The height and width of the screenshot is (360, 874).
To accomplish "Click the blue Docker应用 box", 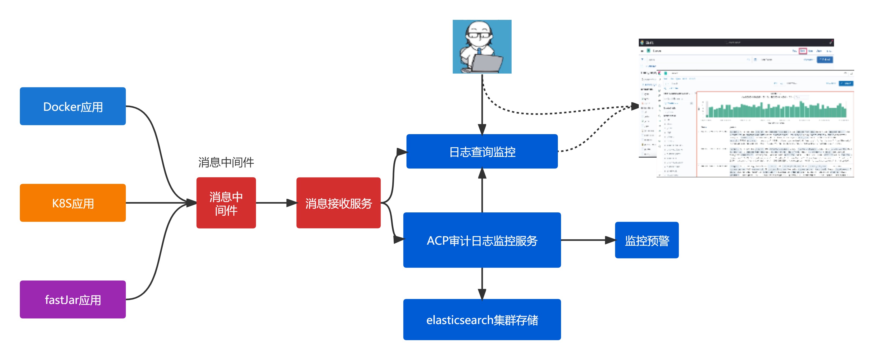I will (72, 106).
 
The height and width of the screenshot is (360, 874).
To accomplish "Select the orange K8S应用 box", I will (72, 203).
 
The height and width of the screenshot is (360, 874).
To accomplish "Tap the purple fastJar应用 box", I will (72, 299).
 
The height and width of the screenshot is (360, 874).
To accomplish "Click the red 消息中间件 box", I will (226, 203).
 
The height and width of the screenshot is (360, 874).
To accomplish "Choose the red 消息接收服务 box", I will (338, 203).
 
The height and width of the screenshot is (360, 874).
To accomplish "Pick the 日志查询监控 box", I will (482, 151).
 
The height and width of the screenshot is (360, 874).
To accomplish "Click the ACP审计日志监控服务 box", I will (482, 240).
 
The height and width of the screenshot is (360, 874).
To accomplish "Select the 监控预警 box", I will (647, 240).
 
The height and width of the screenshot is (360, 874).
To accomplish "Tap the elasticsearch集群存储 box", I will (482, 319).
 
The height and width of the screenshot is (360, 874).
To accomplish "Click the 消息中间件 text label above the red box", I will (226, 162).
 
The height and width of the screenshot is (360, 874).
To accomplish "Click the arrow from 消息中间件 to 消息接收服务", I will (275, 203).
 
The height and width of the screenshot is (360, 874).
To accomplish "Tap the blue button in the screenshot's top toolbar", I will (825, 60).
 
